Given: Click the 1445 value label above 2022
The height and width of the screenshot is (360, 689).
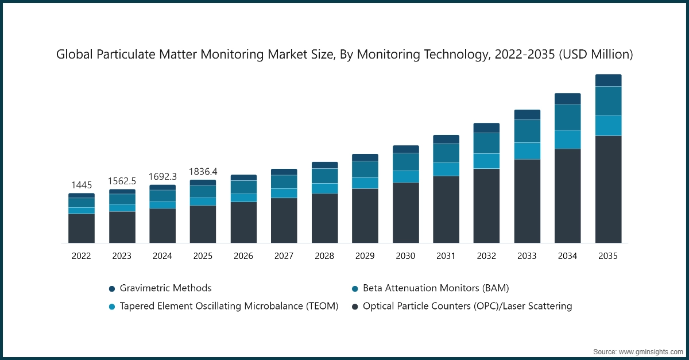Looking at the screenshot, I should pos(81,185).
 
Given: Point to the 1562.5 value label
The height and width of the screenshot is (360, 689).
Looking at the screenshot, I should pos(122,181).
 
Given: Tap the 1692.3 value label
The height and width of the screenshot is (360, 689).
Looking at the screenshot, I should pos(162,176).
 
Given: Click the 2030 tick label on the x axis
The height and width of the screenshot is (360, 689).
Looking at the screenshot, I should pos(405,256).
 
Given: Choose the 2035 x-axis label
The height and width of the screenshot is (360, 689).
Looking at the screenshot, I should pos(608,256).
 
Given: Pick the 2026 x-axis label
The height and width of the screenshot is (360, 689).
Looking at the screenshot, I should pos(243,256).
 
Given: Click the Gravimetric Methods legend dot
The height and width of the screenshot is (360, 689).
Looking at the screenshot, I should pos(112,288).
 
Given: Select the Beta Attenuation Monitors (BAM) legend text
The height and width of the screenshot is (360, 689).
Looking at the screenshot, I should pos(436,288).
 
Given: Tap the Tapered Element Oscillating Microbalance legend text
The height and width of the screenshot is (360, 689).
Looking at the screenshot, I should pos(229,306).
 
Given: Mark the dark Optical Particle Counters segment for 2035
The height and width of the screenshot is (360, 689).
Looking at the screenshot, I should pos(608,189).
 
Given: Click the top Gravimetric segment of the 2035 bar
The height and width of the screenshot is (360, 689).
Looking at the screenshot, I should pos(608,80).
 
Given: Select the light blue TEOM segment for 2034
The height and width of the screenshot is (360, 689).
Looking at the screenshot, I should pos(567,140).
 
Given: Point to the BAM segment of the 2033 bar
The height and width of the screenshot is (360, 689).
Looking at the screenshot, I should pos(527,131).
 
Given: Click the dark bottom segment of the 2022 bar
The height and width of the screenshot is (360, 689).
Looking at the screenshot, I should pos(81,228).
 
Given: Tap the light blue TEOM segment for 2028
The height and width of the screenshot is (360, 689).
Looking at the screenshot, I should pos(324,188).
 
